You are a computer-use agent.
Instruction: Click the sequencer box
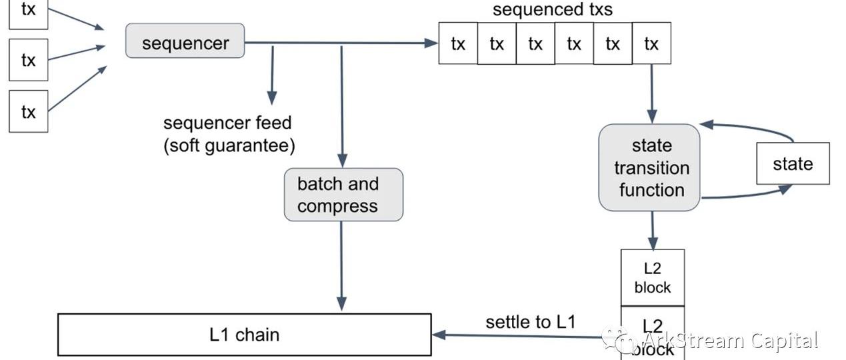[x=185, y=41]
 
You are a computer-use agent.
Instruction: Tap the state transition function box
[x=650, y=167]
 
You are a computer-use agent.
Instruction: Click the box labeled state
[x=793, y=163]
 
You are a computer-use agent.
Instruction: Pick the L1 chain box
[x=245, y=334]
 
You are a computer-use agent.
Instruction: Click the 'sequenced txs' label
[x=552, y=10]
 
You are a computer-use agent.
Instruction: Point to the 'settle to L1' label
[x=530, y=322]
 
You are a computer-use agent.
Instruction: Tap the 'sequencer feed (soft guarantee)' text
[x=229, y=134]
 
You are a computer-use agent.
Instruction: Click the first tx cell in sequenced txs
[x=458, y=43]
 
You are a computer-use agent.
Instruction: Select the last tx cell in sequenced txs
[x=651, y=43]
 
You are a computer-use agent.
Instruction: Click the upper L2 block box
[x=653, y=277]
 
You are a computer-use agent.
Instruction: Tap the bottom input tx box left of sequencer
[x=28, y=111]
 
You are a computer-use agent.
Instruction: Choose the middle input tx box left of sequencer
[x=28, y=60]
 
